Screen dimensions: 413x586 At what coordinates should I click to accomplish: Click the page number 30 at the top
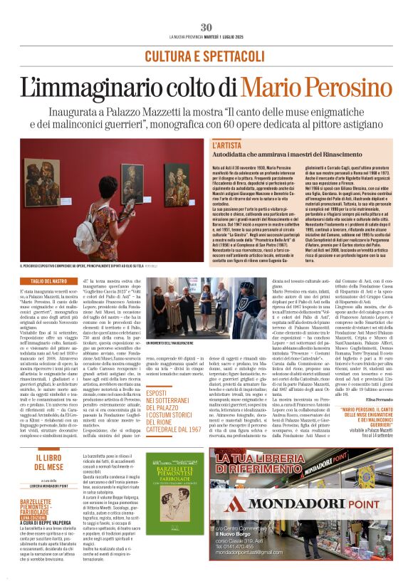point(206,27)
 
